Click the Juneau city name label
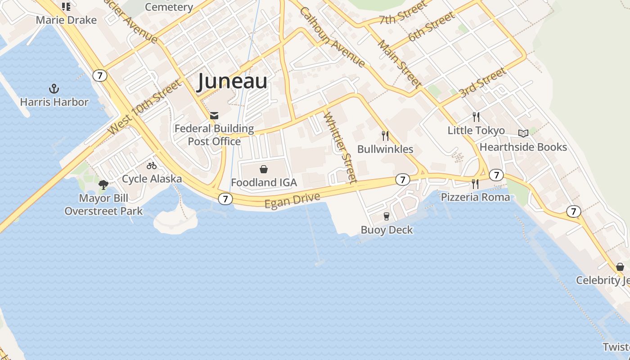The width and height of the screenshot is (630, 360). pyautogui.click(x=232, y=81)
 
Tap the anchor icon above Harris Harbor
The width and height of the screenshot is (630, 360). pyautogui.click(x=54, y=88)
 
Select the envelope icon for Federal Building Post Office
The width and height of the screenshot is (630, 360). pyautogui.click(x=214, y=116)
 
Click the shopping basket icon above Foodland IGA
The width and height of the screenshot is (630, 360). pyautogui.click(x=264, y=169)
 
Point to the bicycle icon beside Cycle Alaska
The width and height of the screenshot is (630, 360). pyautogui.click(x=152, y=166)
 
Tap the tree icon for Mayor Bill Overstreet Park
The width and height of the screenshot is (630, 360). pyautogui.click(x=103, y=184)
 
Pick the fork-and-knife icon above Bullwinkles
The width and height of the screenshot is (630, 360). pyautogui.click(x=385, y=135)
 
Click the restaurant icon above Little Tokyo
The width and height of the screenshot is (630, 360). pyautogui.click(x=476, y=117)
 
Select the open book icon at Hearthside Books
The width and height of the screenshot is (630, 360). pyautogui.click(x=523, y=133)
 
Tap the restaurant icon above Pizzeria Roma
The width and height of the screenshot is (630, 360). pyautogui.click(x=475, y=184)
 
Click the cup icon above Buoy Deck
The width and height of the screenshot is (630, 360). pyautogui.click(x=387, y=216)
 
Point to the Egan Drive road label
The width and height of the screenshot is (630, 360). pyautogui.click(x=292, y=200)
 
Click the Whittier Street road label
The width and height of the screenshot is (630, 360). pyautogui.click(x=340, y=147)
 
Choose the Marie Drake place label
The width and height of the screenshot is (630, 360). pyautogui.click(x=66, y=20)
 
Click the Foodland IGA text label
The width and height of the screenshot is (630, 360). pyautogui.click(x=264, y=182)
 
